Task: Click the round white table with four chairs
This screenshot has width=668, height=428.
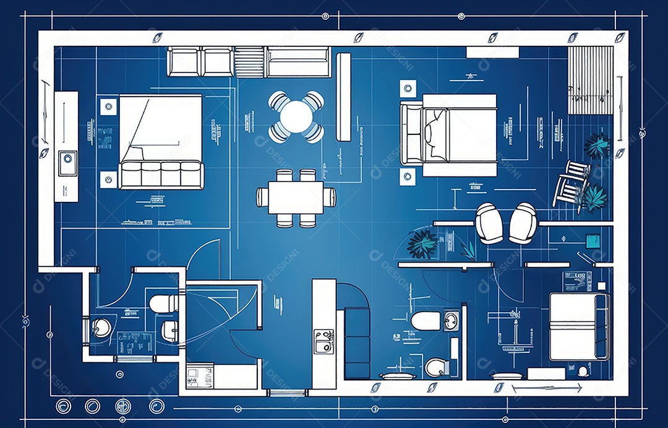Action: pyautogui.click(x=297, y=116)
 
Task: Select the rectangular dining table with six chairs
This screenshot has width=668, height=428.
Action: pyautogui.click(x=296, y=197)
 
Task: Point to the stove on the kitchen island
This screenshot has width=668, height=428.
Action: pyautogui.click(x=323, y=341)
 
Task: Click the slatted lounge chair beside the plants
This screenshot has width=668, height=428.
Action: pyautogui.click(x=570, y=182)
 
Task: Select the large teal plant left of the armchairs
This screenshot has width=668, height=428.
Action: pyautogui.click(x=422, y=243)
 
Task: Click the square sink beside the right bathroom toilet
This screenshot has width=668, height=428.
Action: pyautogui.click(x=452, y=321)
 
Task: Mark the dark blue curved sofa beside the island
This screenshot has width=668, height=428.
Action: pyautogui.click(x=356, y=331)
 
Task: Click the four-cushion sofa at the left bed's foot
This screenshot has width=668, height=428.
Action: pyautogui.click(x=160, y=175)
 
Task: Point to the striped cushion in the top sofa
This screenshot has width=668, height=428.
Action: pyautogui.click(x=249, y=62)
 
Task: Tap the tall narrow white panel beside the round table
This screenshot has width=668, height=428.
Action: pyautogui.click(x=343, y=96)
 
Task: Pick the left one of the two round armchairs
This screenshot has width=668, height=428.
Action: pyautogui.click(x=489, y=223)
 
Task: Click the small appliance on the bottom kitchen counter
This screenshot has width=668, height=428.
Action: pyautogui.click(x=200, y=376)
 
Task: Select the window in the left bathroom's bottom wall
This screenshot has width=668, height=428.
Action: pyautogui.click(x=134, y=359)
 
